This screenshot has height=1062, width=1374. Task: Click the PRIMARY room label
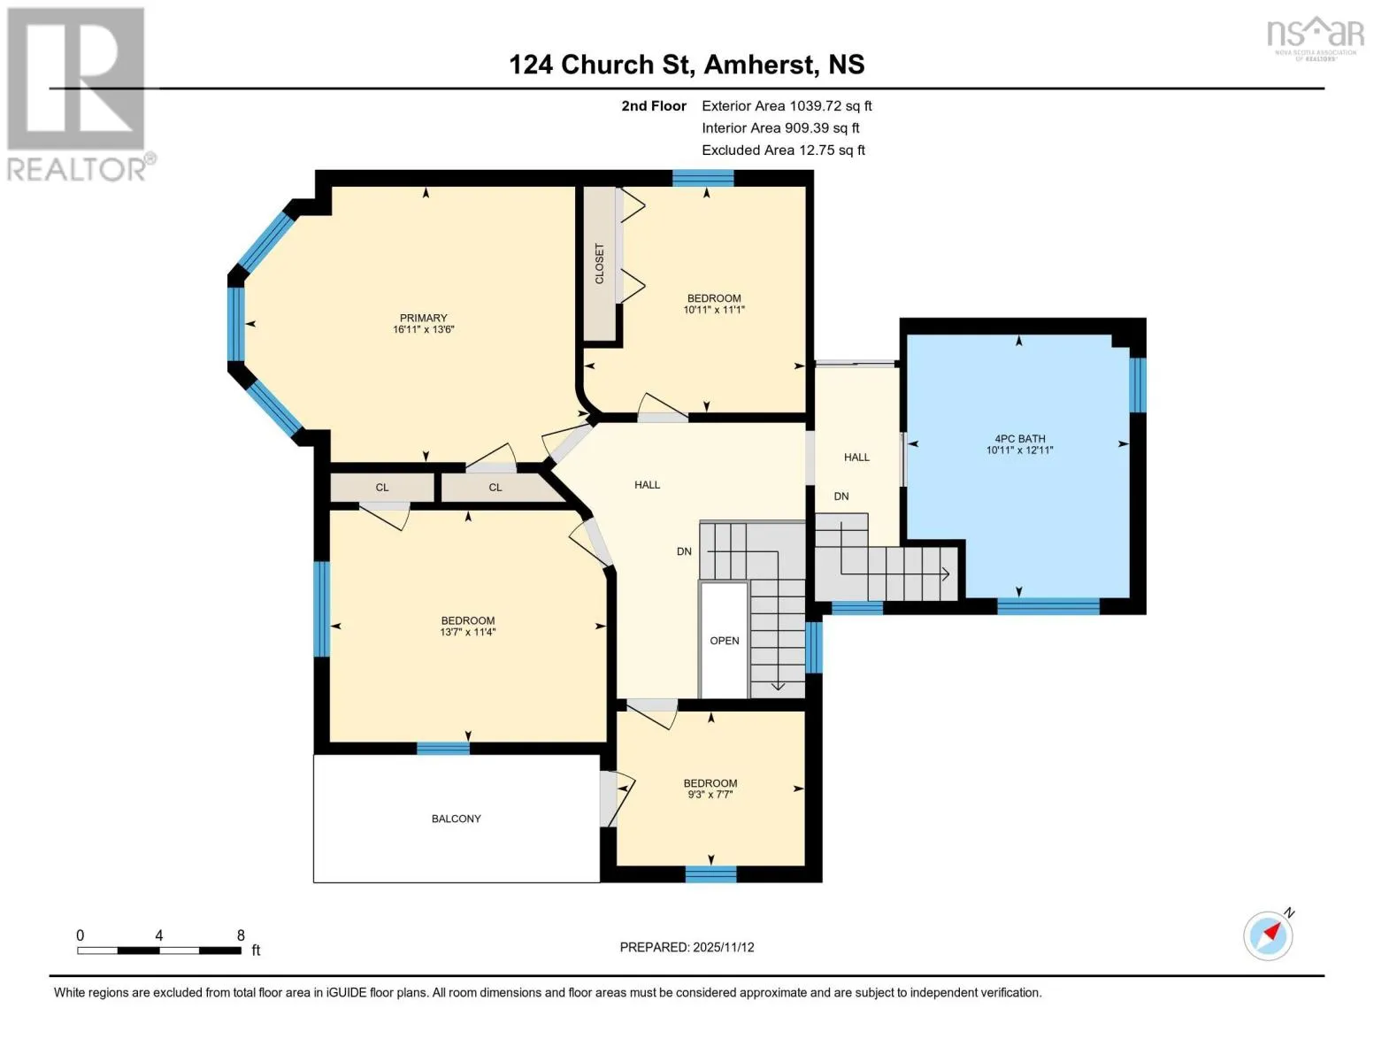pos(423,318)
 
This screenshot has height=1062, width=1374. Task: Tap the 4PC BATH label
pos(1020,438)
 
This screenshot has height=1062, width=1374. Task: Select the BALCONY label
pos(456,819)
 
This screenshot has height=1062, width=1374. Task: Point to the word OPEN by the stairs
pos(724,641)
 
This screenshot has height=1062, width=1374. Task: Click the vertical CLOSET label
pos(600,264)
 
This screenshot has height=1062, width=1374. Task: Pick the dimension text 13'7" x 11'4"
pos(468,632)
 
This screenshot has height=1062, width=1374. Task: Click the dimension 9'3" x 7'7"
pos(710,795)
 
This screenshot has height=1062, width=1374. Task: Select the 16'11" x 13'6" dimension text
pos(423,329)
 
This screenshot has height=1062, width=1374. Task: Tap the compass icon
pos(1269,936)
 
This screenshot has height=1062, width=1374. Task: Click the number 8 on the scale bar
pos(241,935)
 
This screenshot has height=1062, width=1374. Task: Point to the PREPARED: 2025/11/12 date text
pos(687,947)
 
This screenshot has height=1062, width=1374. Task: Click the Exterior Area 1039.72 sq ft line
pos(787,106)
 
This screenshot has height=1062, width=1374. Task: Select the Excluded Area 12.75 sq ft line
pos(783,150)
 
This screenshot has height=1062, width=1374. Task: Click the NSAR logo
pos(1316,38)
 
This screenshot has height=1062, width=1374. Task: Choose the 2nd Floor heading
pos(654,106)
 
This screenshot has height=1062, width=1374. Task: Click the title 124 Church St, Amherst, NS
pos(687,65)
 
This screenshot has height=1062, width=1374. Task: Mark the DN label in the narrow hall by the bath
pos(841,496)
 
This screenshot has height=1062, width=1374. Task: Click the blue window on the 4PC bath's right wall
pos(1138,385)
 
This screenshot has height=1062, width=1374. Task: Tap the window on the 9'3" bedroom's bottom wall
pos(710,874)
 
